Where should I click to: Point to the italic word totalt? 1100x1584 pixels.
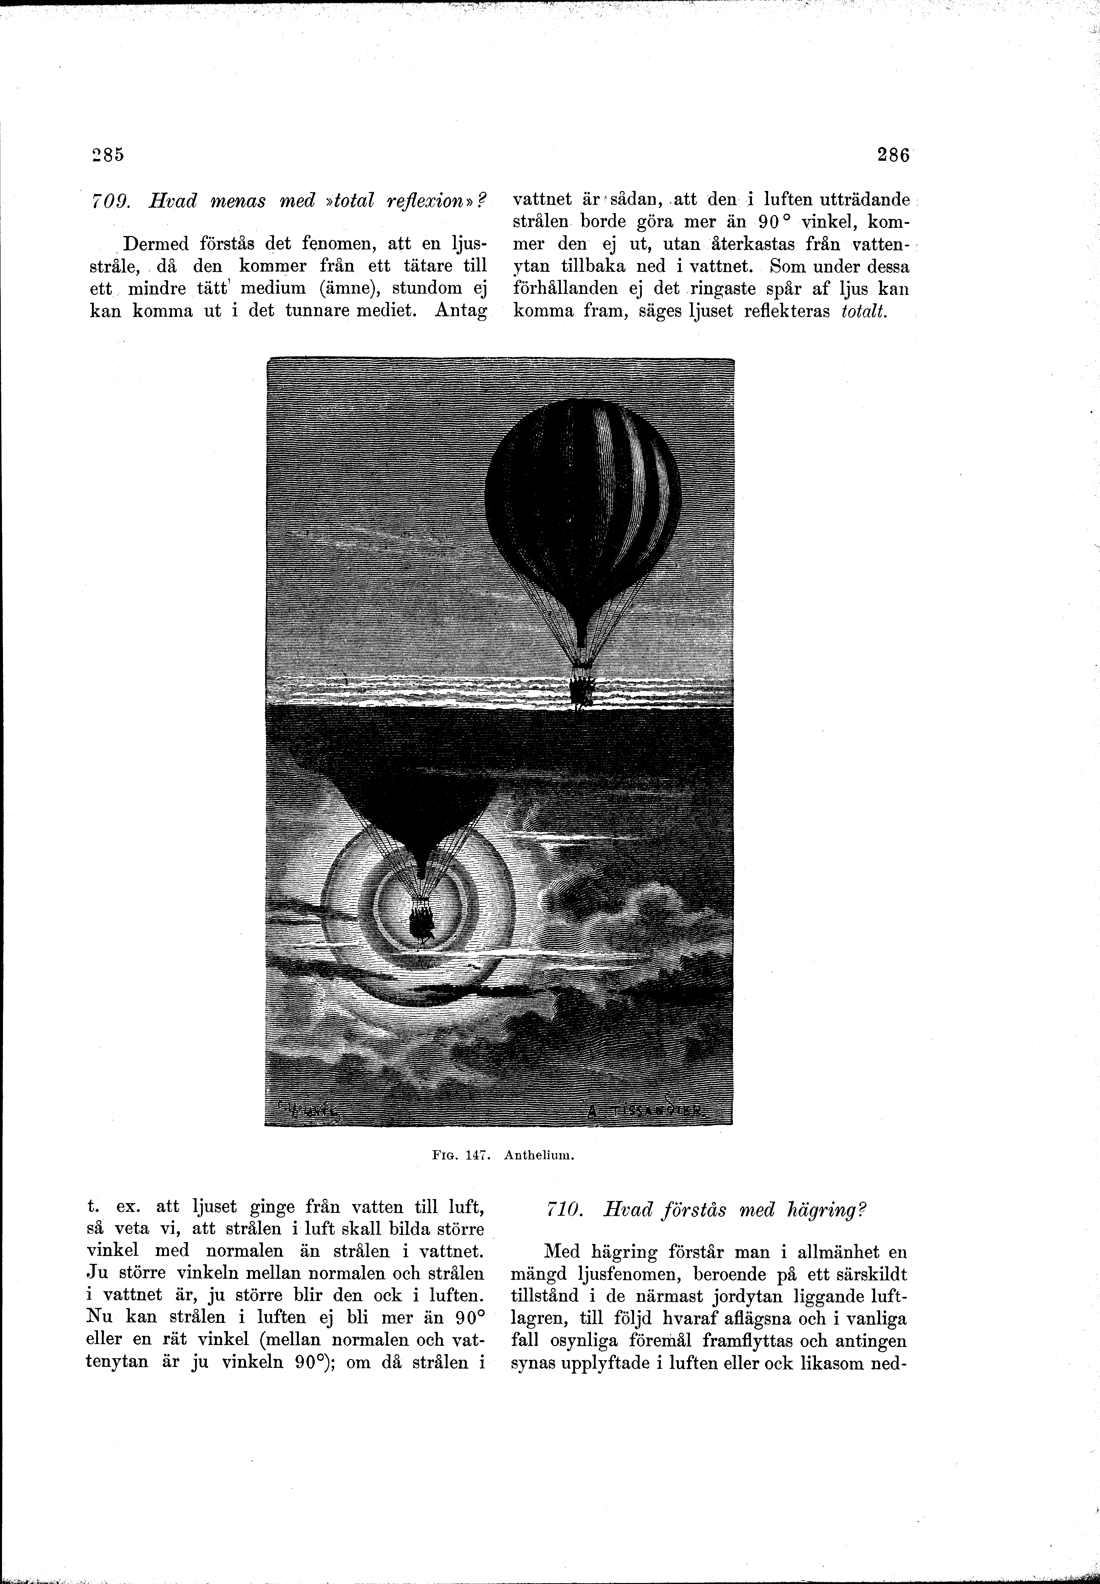(x=863, y=312)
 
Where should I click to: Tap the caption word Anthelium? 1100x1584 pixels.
(x=539, y=1157)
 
